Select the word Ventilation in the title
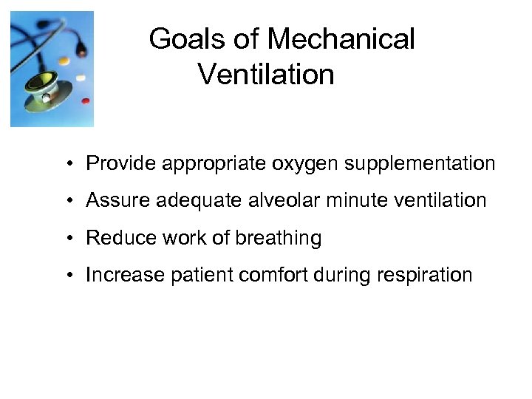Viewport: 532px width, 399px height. (x=267, y=75)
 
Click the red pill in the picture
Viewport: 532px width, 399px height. (x=85, y=100)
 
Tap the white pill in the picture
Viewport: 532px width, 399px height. (x=80, y=77)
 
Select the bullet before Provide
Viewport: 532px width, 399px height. (x=67, y=163)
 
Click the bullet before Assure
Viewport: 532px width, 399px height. (x=67, y=200)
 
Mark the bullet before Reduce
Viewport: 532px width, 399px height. (x=67, y=238)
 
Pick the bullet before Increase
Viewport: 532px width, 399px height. (x=67, y=276)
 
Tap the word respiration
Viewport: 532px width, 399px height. (x=426, y=276)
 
